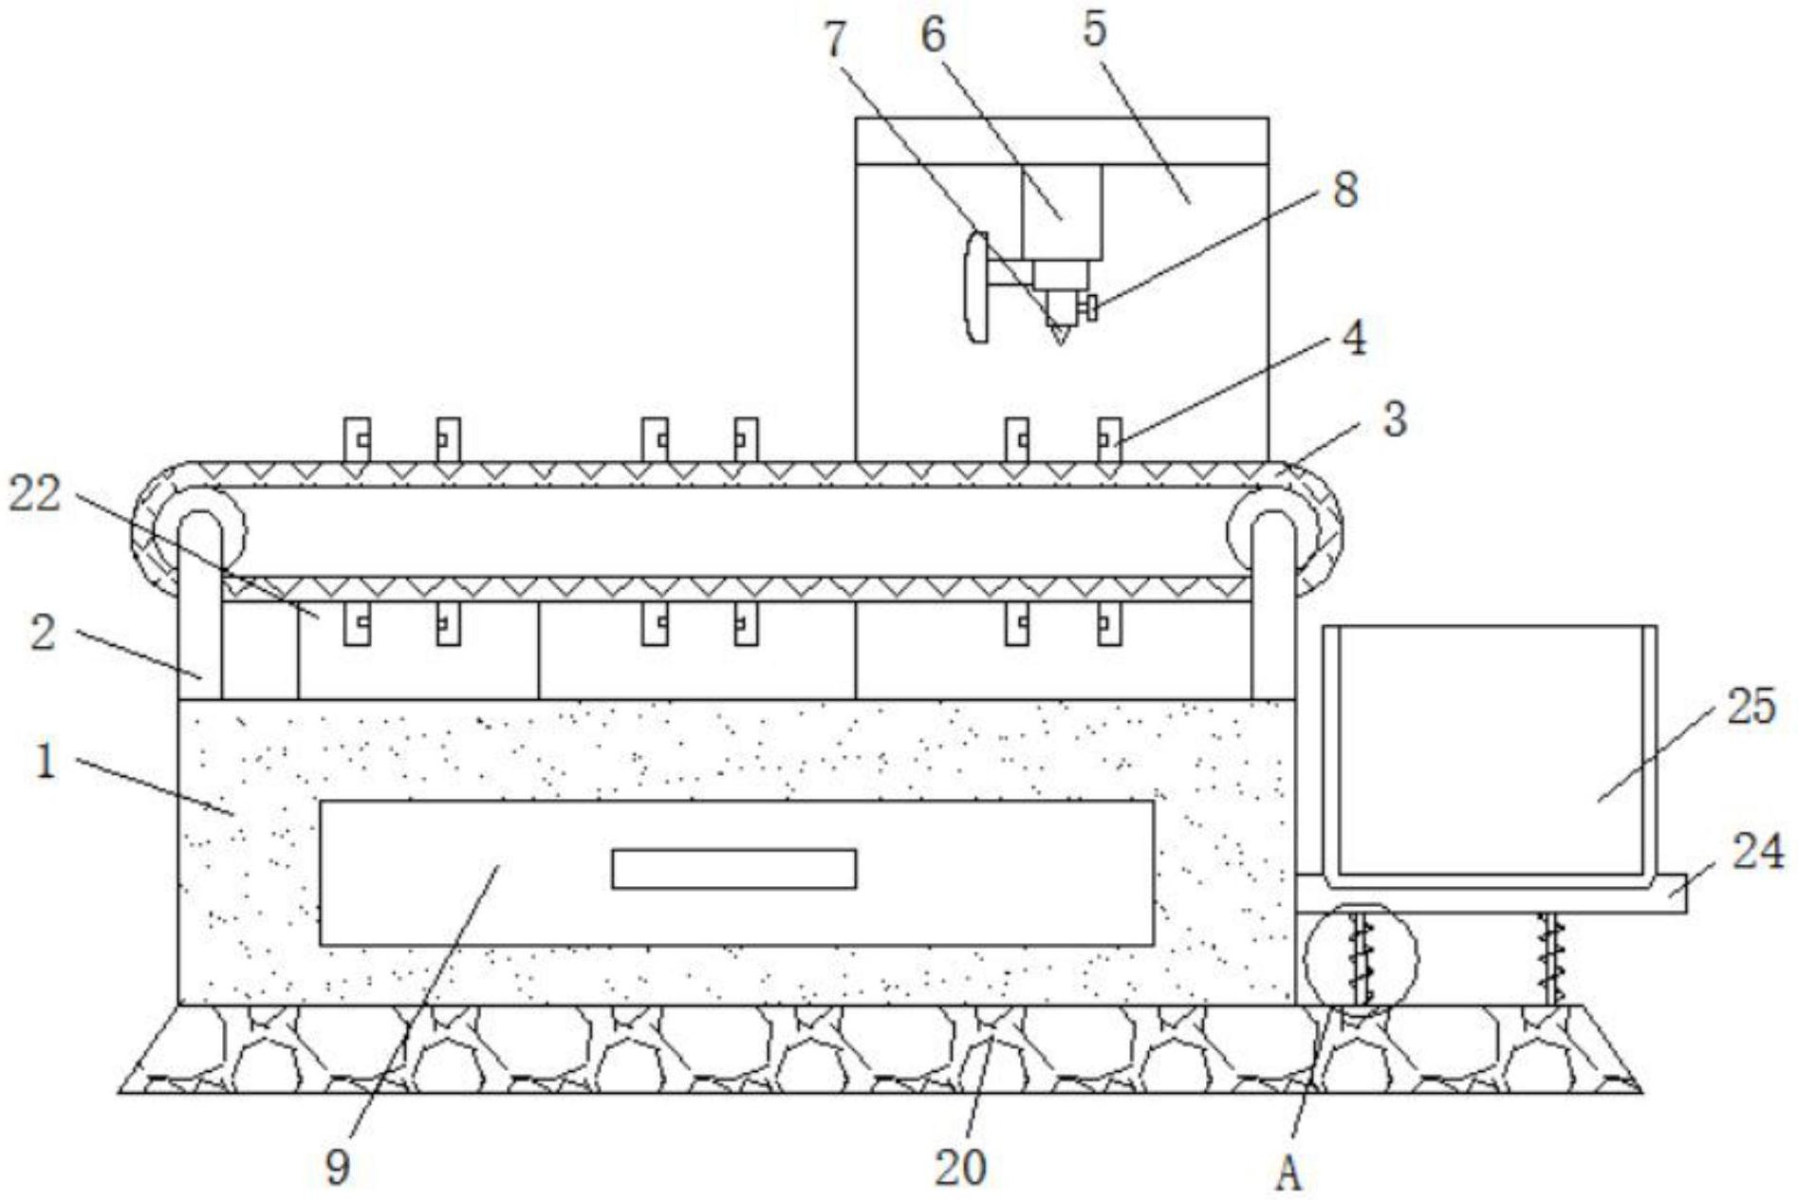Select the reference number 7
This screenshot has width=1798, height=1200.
[x=834, y=40]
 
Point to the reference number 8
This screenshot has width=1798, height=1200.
[x=1344, y=190]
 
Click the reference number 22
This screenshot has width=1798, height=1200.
[x=35, y=494]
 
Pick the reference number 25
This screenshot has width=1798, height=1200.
[x=1751, y=707]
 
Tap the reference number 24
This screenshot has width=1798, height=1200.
[x=1758, y=851]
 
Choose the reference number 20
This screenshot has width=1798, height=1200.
[x=960, y=1167]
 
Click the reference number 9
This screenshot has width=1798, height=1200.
[x=338, y=1167]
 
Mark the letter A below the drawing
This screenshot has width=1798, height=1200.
[x=1288, y=1176]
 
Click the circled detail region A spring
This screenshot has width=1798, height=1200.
[x=1362, y=958]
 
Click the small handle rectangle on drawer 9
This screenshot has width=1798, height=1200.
[x=733, y=868]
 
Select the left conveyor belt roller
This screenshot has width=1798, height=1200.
[x=198, y=531]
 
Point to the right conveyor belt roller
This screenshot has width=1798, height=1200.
[x=1273, y=531]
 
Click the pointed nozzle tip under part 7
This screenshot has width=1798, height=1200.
[x=1060, y=335]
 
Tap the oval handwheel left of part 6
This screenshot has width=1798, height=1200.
[x=975, y=286]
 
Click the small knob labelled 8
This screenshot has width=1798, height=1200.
[x=1092, y=307]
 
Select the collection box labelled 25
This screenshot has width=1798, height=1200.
[x=1490, y=749]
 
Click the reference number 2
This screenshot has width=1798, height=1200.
[x=43, y=633]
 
